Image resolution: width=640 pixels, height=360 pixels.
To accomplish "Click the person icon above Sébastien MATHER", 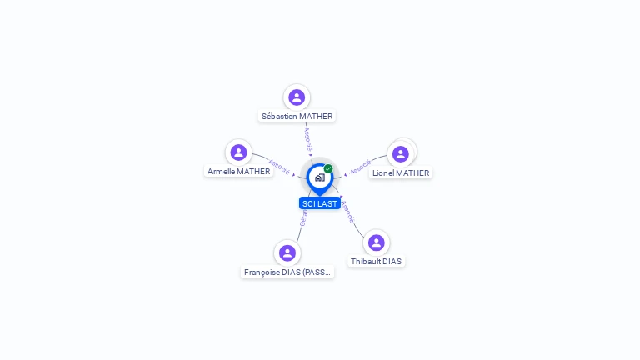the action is (x=297, y=97).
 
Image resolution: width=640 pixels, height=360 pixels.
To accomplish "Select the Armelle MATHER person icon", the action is (x=239, y=152).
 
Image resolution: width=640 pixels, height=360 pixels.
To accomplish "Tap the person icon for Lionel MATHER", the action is (x=401, y=154).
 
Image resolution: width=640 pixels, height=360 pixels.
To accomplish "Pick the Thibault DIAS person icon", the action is (x=376, y=242).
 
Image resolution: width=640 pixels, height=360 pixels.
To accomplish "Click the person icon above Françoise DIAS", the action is (x=287, y=252).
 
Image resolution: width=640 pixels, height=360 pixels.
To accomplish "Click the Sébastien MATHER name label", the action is (x=297, y=117).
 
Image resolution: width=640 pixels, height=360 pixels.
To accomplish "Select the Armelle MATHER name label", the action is (x=239, y=172).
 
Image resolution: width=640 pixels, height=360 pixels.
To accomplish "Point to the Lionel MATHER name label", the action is (x=401, y=173).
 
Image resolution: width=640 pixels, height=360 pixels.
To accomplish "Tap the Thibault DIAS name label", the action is (x=376, y=262).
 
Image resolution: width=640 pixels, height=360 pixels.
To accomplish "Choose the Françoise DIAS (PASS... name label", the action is (x=287, y=272).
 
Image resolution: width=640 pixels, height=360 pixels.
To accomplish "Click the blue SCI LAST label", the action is (x=320, y=203).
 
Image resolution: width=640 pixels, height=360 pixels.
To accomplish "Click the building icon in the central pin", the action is (x=319, y=177).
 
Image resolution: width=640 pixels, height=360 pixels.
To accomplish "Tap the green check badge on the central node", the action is (x=328, y=169).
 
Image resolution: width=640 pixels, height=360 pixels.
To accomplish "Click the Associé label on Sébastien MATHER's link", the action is (x=307, y=137).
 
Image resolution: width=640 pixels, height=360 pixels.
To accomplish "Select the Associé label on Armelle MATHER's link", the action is (x=279, y=166).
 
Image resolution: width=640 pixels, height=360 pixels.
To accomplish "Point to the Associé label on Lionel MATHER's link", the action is (x=360, y=167).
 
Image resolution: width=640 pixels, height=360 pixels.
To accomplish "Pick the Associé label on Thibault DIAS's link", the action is (x=347, y=211).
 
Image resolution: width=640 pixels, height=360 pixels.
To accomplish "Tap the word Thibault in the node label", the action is (x=365, y=262).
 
